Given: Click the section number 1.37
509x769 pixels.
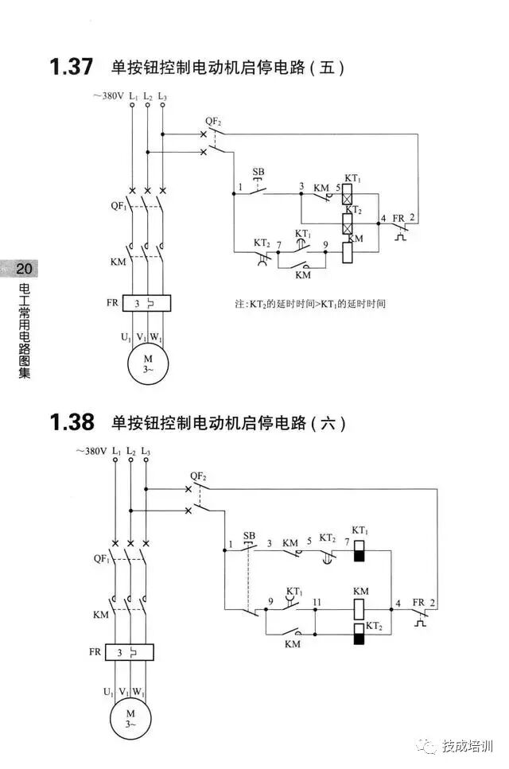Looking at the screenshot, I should tap(72, 68).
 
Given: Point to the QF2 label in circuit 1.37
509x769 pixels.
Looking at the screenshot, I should tap(213, 121).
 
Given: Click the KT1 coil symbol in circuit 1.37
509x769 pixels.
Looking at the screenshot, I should tap(348, 193).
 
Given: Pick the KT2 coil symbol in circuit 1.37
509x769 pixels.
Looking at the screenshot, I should tap(348, 221).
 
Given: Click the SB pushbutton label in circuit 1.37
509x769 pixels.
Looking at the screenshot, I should tap(258, 172).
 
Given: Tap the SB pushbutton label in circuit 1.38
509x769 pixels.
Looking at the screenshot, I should tap(249, 535).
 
